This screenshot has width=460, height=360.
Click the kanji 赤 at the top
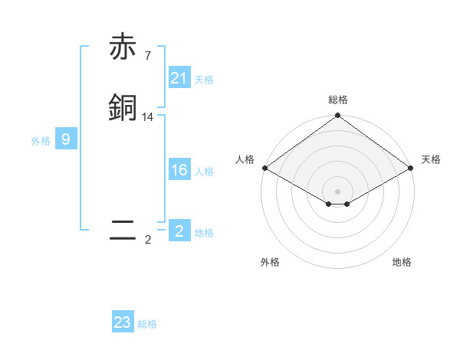pyautogui.click(x=123, y=48)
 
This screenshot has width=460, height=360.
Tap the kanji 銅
pyautogui.click(x=123, y=107)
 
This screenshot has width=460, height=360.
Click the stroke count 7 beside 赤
pyautogui.click(x=148, y=56)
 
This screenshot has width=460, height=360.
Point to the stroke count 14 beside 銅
pyautogui.click(x=148, y=117)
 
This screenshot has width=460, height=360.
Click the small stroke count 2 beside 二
pyautogui.click(x=148, y=240)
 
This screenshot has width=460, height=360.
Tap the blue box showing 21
pyautogui.click(x=179, y=77)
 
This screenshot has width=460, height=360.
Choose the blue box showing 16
pyautogui.click(x=179, y=170)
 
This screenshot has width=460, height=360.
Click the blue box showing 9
pyautogui.click(x=66, y=139)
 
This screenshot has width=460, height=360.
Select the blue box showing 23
pyautogui.click(x=123, y=322)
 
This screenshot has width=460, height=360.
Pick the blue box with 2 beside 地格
pyautogui.click(x=179, y=231)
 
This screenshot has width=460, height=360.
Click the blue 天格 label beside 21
pyautogui.click(x=204, y=79)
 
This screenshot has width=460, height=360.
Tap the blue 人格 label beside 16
pyautogui.click(x=204, y=172)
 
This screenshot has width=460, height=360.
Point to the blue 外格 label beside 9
pyautogui.click(x=41, y=141)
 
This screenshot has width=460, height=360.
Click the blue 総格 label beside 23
pyautogui.click(x=147, y=324)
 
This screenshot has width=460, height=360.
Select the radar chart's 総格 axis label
pyautogui.click(x=337, y=100)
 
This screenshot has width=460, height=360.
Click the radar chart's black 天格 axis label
pyautogui.click(x=431, y=159)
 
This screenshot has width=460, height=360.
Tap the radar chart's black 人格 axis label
pyautogui.click(x=245, y=159)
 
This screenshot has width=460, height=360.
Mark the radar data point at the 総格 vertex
pyautogui.click(x=337, y=116)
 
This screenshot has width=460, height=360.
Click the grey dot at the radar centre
pyautogui.click(x=337, y=191)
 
